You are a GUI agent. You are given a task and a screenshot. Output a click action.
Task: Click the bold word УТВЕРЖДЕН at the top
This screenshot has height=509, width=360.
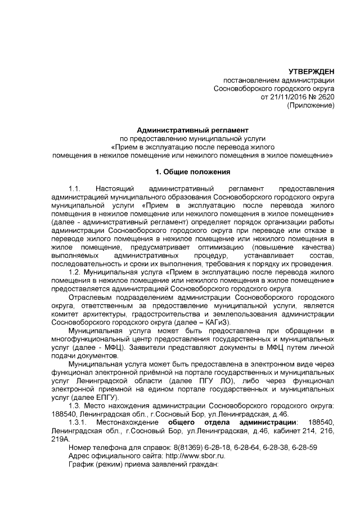(x=311, y=71)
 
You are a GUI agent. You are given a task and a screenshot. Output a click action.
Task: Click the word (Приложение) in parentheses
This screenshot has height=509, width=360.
(x=310, y=105)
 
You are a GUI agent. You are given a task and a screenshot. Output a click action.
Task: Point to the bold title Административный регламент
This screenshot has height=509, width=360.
(x=192, y=130)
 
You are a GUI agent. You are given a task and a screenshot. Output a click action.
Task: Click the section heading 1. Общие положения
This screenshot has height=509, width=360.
(x=192, y=172)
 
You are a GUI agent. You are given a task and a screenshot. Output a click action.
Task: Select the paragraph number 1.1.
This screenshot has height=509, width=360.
(x=75, y=188)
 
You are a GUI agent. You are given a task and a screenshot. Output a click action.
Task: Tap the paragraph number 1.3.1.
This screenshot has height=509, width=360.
(x=78, y=422)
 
